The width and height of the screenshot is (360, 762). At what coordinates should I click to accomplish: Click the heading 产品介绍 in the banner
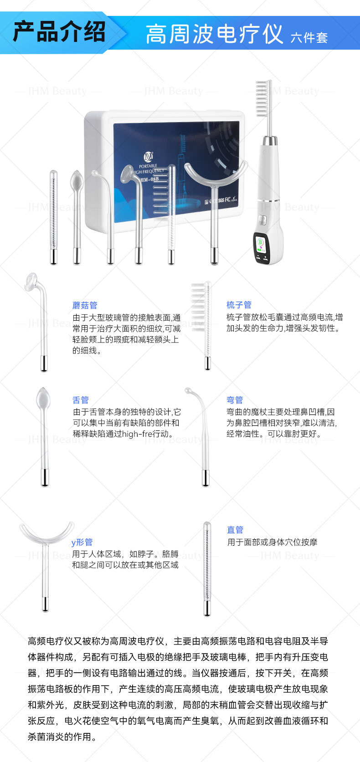coord(59,32)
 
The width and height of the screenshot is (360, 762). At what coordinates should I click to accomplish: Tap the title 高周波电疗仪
coord(215,34)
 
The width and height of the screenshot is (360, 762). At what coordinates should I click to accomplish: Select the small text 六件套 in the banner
coord(309,37)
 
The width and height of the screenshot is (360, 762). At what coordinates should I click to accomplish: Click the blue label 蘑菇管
coord(85,305)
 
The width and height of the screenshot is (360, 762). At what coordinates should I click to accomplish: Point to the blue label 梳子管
coord(239,305)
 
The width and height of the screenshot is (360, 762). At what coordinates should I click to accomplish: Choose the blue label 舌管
coord(81,400)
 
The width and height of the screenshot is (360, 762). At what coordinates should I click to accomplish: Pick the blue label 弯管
coord(235,400)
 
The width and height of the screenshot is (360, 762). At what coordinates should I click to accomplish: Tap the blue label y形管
coord(82,542)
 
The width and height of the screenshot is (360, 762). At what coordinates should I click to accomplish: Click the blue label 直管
coord(235,530)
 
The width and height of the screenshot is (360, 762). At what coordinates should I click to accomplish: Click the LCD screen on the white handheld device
coord(261,243)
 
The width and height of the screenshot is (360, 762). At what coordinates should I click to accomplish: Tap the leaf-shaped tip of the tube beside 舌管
coord(44,398)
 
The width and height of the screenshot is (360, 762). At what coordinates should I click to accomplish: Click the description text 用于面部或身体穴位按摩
coord(273,542)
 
